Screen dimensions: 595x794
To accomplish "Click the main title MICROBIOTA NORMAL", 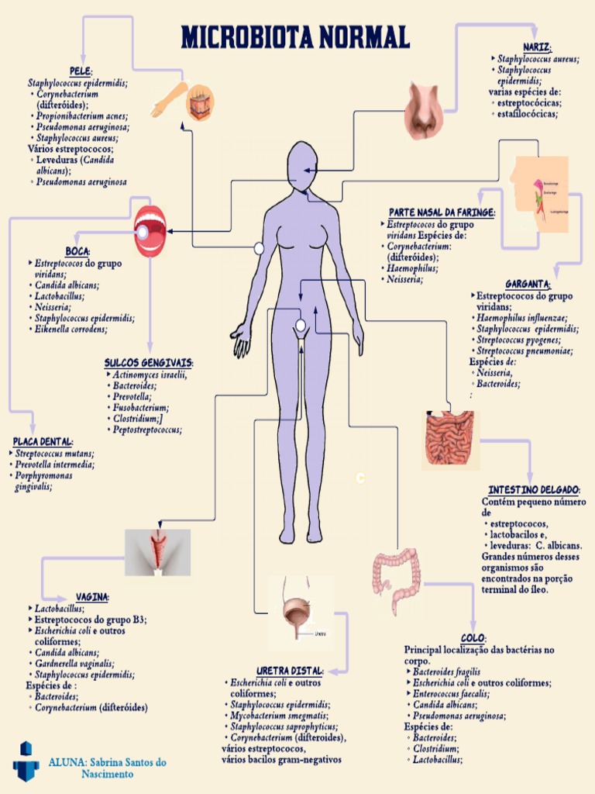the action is pos(295,36).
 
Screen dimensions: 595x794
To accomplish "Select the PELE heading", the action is pos(81,71).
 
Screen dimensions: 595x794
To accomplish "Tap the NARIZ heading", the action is pos(537,47).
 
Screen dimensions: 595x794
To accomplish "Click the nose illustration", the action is pos(424,110).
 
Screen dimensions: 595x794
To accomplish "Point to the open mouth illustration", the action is pos(150,230).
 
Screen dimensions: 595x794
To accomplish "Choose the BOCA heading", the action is pos(77,251).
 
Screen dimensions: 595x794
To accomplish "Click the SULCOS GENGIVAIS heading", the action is pos(149,363).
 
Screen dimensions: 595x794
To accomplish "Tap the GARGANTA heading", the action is pos(528,284).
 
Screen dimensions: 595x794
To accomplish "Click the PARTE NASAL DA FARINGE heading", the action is pos(442,212).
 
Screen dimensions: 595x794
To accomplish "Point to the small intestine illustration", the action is pos(449,439).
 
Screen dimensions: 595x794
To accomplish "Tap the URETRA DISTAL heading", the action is pos(290,670).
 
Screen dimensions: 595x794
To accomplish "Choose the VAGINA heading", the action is pos(92,597).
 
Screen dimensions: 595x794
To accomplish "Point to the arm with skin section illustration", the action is pos(184,100).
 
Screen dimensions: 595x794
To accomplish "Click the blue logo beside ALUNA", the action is pos(25,761).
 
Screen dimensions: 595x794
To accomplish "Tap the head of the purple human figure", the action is pos(301,165).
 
